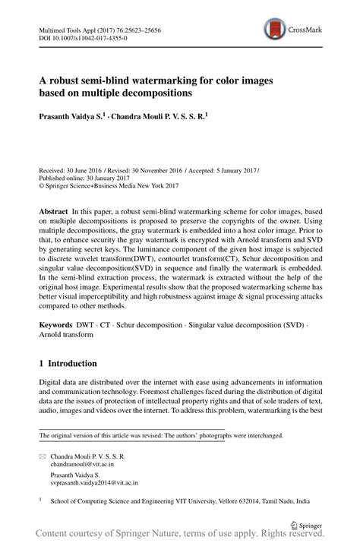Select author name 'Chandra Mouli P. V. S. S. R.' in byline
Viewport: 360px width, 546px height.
[x=159, y=118]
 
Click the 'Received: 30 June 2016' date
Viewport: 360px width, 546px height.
[x=71, y=172]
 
